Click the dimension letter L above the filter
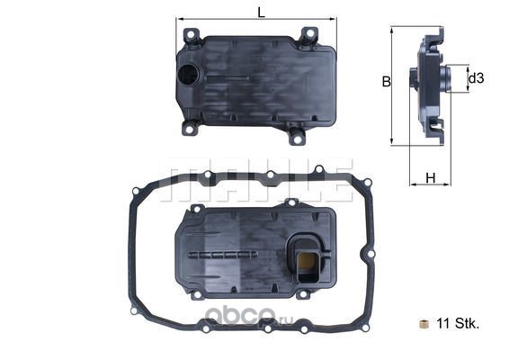tap(260, 12)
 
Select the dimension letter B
tap(385, 81)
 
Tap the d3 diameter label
tap(477, 78)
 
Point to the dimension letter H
tap(430, 177)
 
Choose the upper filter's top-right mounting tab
tap(308, 36)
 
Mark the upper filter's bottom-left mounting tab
tap(190, 129)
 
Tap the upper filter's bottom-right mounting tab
tap(296, 136)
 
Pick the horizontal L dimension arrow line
tap(256, 19)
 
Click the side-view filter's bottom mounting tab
tap(436, 129)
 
